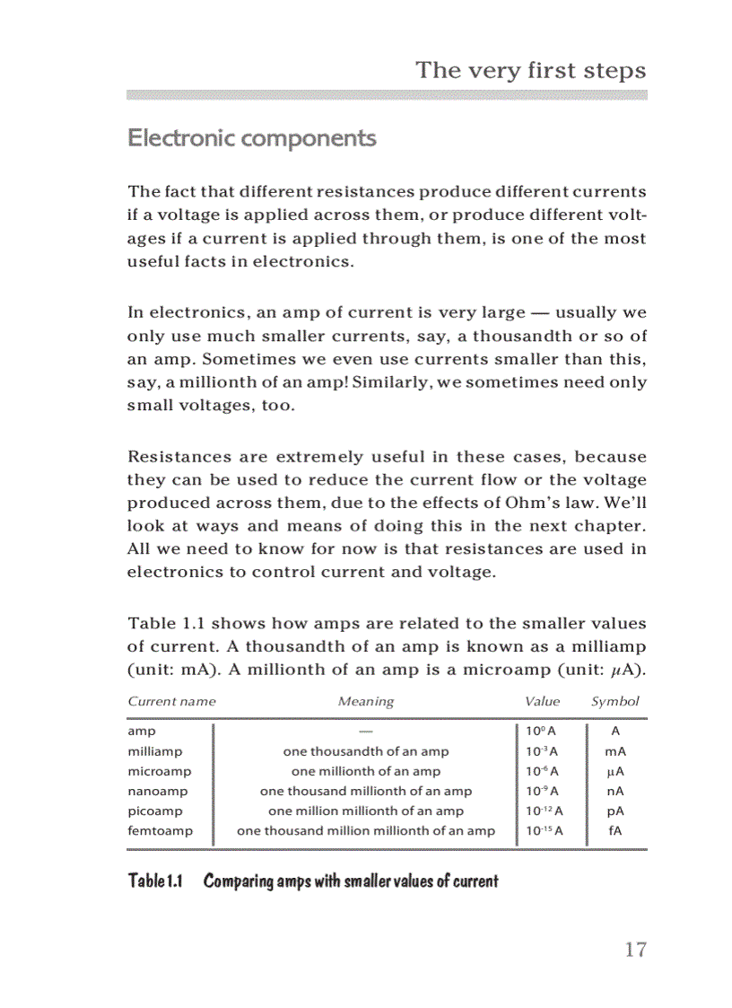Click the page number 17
click(634, 950)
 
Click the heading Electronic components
click(251, 138)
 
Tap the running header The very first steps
click(530, 71)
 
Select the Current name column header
click(171, 701)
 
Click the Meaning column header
click(365, 701)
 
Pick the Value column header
click(542, 701)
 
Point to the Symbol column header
click(614, 701)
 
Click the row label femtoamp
click(160, 830)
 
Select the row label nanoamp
click(158, 791)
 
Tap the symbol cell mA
click(615, 751)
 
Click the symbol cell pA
click(615, 811)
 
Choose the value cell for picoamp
click(544, 811)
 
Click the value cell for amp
click(542, 732)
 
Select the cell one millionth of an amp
click(366, 771)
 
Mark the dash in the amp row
click(365, 732)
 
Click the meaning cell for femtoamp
click(365, 830)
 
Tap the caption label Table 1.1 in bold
click(155, 881)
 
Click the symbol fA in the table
click(615, 830)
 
